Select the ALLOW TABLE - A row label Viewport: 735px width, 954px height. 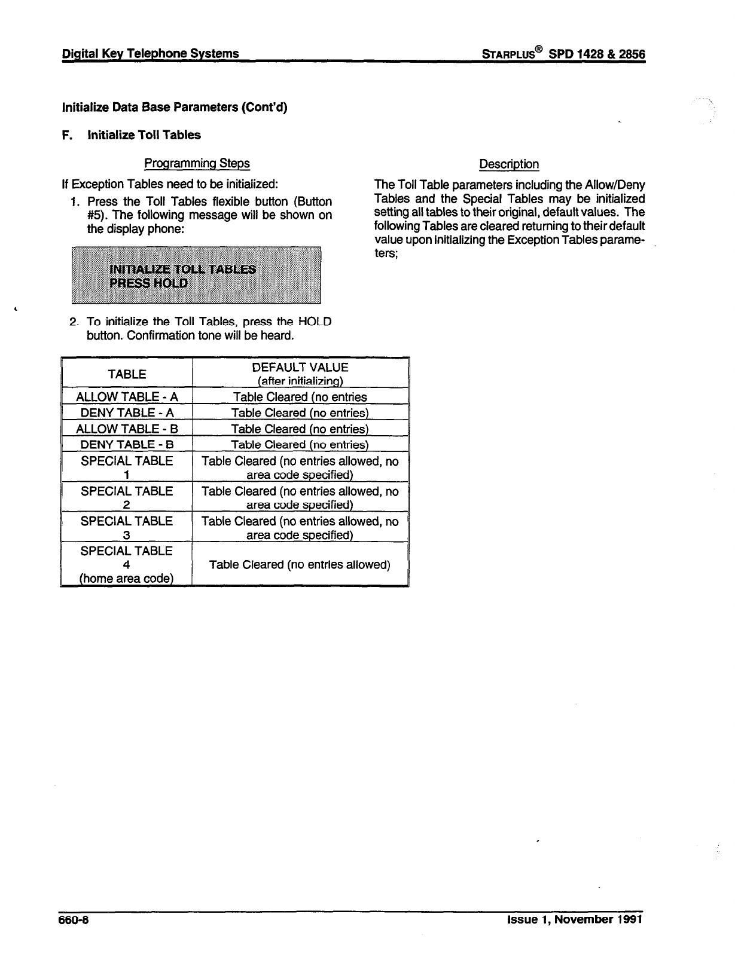(127, 397)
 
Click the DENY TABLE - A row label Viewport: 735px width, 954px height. (127, 413)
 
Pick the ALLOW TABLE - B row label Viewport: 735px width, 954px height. (127, 429)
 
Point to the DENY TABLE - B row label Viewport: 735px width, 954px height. (127, 444)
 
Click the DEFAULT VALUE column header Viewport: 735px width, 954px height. (300, 368)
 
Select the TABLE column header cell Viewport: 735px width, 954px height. (127, 374)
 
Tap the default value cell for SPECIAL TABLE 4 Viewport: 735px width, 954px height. (300, 564)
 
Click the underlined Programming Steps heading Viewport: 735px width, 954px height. (197, 163)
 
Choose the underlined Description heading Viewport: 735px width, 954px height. (509, 164)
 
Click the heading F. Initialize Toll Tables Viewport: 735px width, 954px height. (132, 135)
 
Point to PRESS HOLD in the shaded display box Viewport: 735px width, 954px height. (149, 283)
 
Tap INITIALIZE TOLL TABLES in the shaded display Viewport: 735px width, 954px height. (182, 269)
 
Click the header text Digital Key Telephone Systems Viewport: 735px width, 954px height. (151, 54)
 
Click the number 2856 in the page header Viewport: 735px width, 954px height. (630, 54)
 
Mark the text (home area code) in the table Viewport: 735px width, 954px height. (127, 578)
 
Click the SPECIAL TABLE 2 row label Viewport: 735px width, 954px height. (127, 498)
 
